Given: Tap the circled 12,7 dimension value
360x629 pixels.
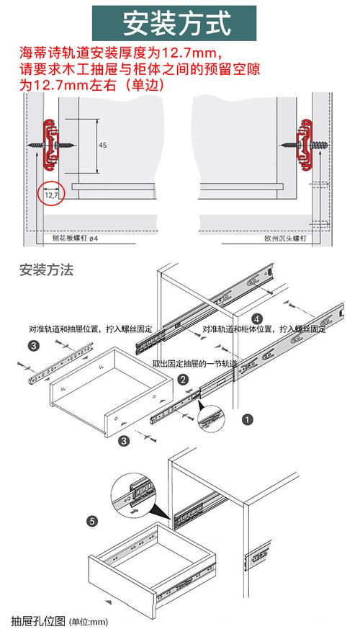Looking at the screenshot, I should [51, 194].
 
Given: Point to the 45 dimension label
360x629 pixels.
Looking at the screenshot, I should [102, 145].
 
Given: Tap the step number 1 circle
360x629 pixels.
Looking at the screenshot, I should [247, 418].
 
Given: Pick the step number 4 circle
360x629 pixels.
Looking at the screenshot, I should [257, 318].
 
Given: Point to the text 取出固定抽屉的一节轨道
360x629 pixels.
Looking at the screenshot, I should [194, 363].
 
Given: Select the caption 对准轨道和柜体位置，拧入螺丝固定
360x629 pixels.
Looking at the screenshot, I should [264, 329].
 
